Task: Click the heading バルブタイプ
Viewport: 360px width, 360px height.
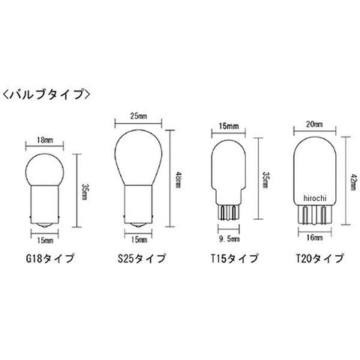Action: tap(46, 94)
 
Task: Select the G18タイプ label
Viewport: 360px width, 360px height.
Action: tap(50, 259)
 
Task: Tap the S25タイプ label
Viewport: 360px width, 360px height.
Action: tap(142, 259)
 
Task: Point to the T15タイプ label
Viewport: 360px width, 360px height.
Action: tap(234, 259)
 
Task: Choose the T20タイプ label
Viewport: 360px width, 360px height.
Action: tap(319, 259)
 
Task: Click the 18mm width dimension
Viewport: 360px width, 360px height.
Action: tap(45, 140)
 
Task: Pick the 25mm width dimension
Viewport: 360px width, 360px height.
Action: tap(139, 116)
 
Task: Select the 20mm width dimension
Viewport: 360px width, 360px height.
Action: tap(314, 124)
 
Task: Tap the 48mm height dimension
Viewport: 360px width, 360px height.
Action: tap(178, 180)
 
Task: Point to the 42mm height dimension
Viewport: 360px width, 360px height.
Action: tap(353, 181)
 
